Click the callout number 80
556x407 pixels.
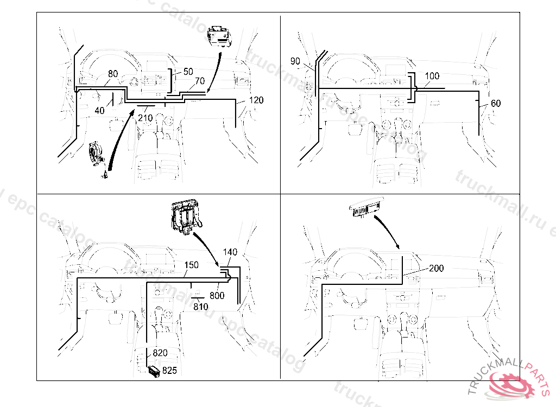coord(113,74)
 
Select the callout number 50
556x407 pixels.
coord(188,72)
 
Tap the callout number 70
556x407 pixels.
coord(199,81)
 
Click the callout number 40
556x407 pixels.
coord(99,111)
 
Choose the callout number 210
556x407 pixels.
coord(145,118)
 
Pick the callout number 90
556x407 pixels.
coord(295,61)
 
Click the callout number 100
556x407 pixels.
coord(432,77)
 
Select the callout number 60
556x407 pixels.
coord(496,104)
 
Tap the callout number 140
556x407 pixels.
coord(230,253)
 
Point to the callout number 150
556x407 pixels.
coord(191,265)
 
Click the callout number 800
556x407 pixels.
coord(217,296)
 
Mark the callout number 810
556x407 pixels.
coord(201,307)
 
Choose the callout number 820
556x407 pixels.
coord(160,353)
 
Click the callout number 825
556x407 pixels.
coord(170,371)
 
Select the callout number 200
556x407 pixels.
coord(436,269)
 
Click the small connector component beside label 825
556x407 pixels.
coord(154,372)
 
